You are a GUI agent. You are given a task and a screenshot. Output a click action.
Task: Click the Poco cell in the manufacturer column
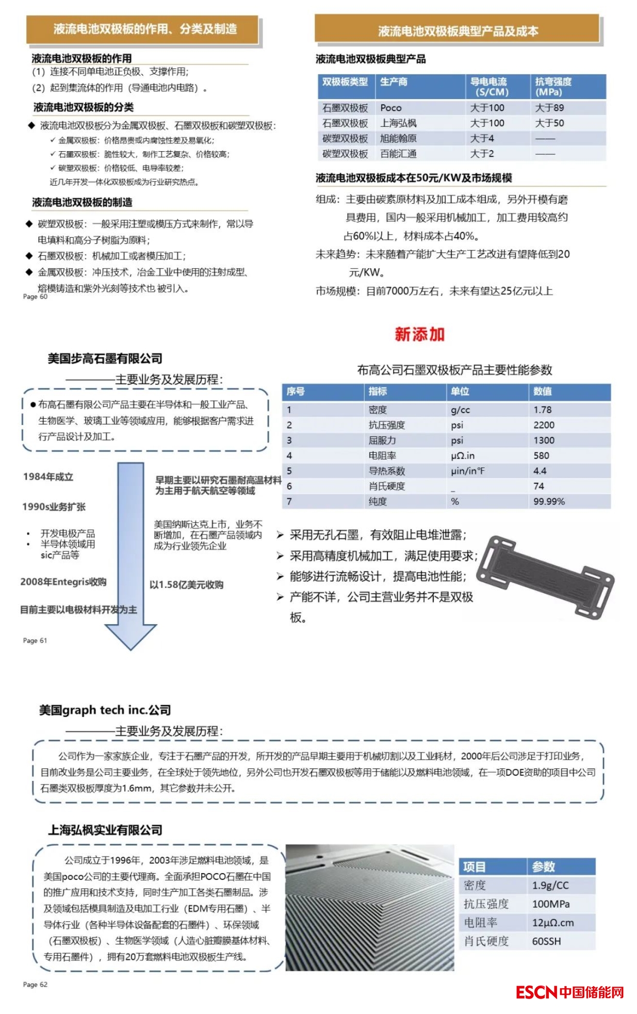(x=391, y=108)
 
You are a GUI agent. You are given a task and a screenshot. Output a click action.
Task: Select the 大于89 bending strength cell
(x=549, y=108)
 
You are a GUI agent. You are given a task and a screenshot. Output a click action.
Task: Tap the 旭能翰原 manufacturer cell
(x=398, y=138)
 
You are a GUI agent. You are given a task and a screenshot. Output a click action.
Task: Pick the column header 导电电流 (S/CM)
(x=488, y=87)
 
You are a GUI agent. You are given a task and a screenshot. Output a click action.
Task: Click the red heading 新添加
(x=419, y=334)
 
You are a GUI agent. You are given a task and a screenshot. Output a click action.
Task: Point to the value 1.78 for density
(x=543, y=410)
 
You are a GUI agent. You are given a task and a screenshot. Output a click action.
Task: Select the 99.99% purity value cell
(x=549, y=501)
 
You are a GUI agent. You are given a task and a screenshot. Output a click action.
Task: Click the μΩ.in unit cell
(x=462, y=455)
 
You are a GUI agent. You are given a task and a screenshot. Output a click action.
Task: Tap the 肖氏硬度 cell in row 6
(x=387, y=486)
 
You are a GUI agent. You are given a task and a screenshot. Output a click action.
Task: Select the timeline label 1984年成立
(x=48, y=477)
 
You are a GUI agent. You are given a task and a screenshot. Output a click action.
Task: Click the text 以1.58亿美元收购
(x=186, y=584)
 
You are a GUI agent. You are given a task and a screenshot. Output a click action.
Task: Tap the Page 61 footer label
(x=35, y=641)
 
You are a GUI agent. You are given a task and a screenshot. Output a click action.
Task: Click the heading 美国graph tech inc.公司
(x=105, y=710)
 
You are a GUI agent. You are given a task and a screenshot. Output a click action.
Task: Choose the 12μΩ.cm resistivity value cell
(x=553, y=923)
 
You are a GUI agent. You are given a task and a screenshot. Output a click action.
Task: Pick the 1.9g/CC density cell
(x=550, y=886)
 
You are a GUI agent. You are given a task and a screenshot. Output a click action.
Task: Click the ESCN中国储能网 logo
(x=570, y=992)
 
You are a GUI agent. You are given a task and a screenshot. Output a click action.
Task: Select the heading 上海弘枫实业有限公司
(x=105, y=830)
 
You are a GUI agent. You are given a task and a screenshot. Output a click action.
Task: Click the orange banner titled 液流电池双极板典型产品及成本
(x=458, y=31)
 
